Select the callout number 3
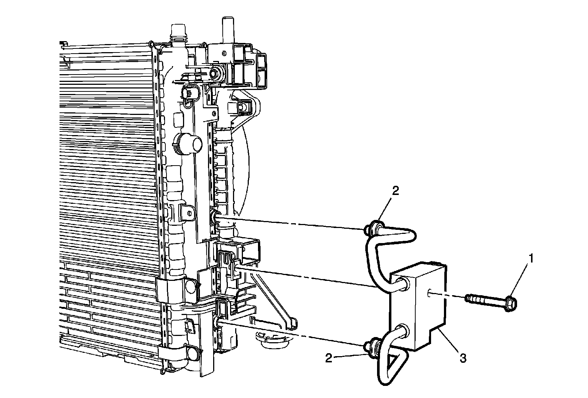463,358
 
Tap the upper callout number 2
395,191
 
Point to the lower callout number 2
329,358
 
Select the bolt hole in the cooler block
429,292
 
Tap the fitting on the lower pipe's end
373,349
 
